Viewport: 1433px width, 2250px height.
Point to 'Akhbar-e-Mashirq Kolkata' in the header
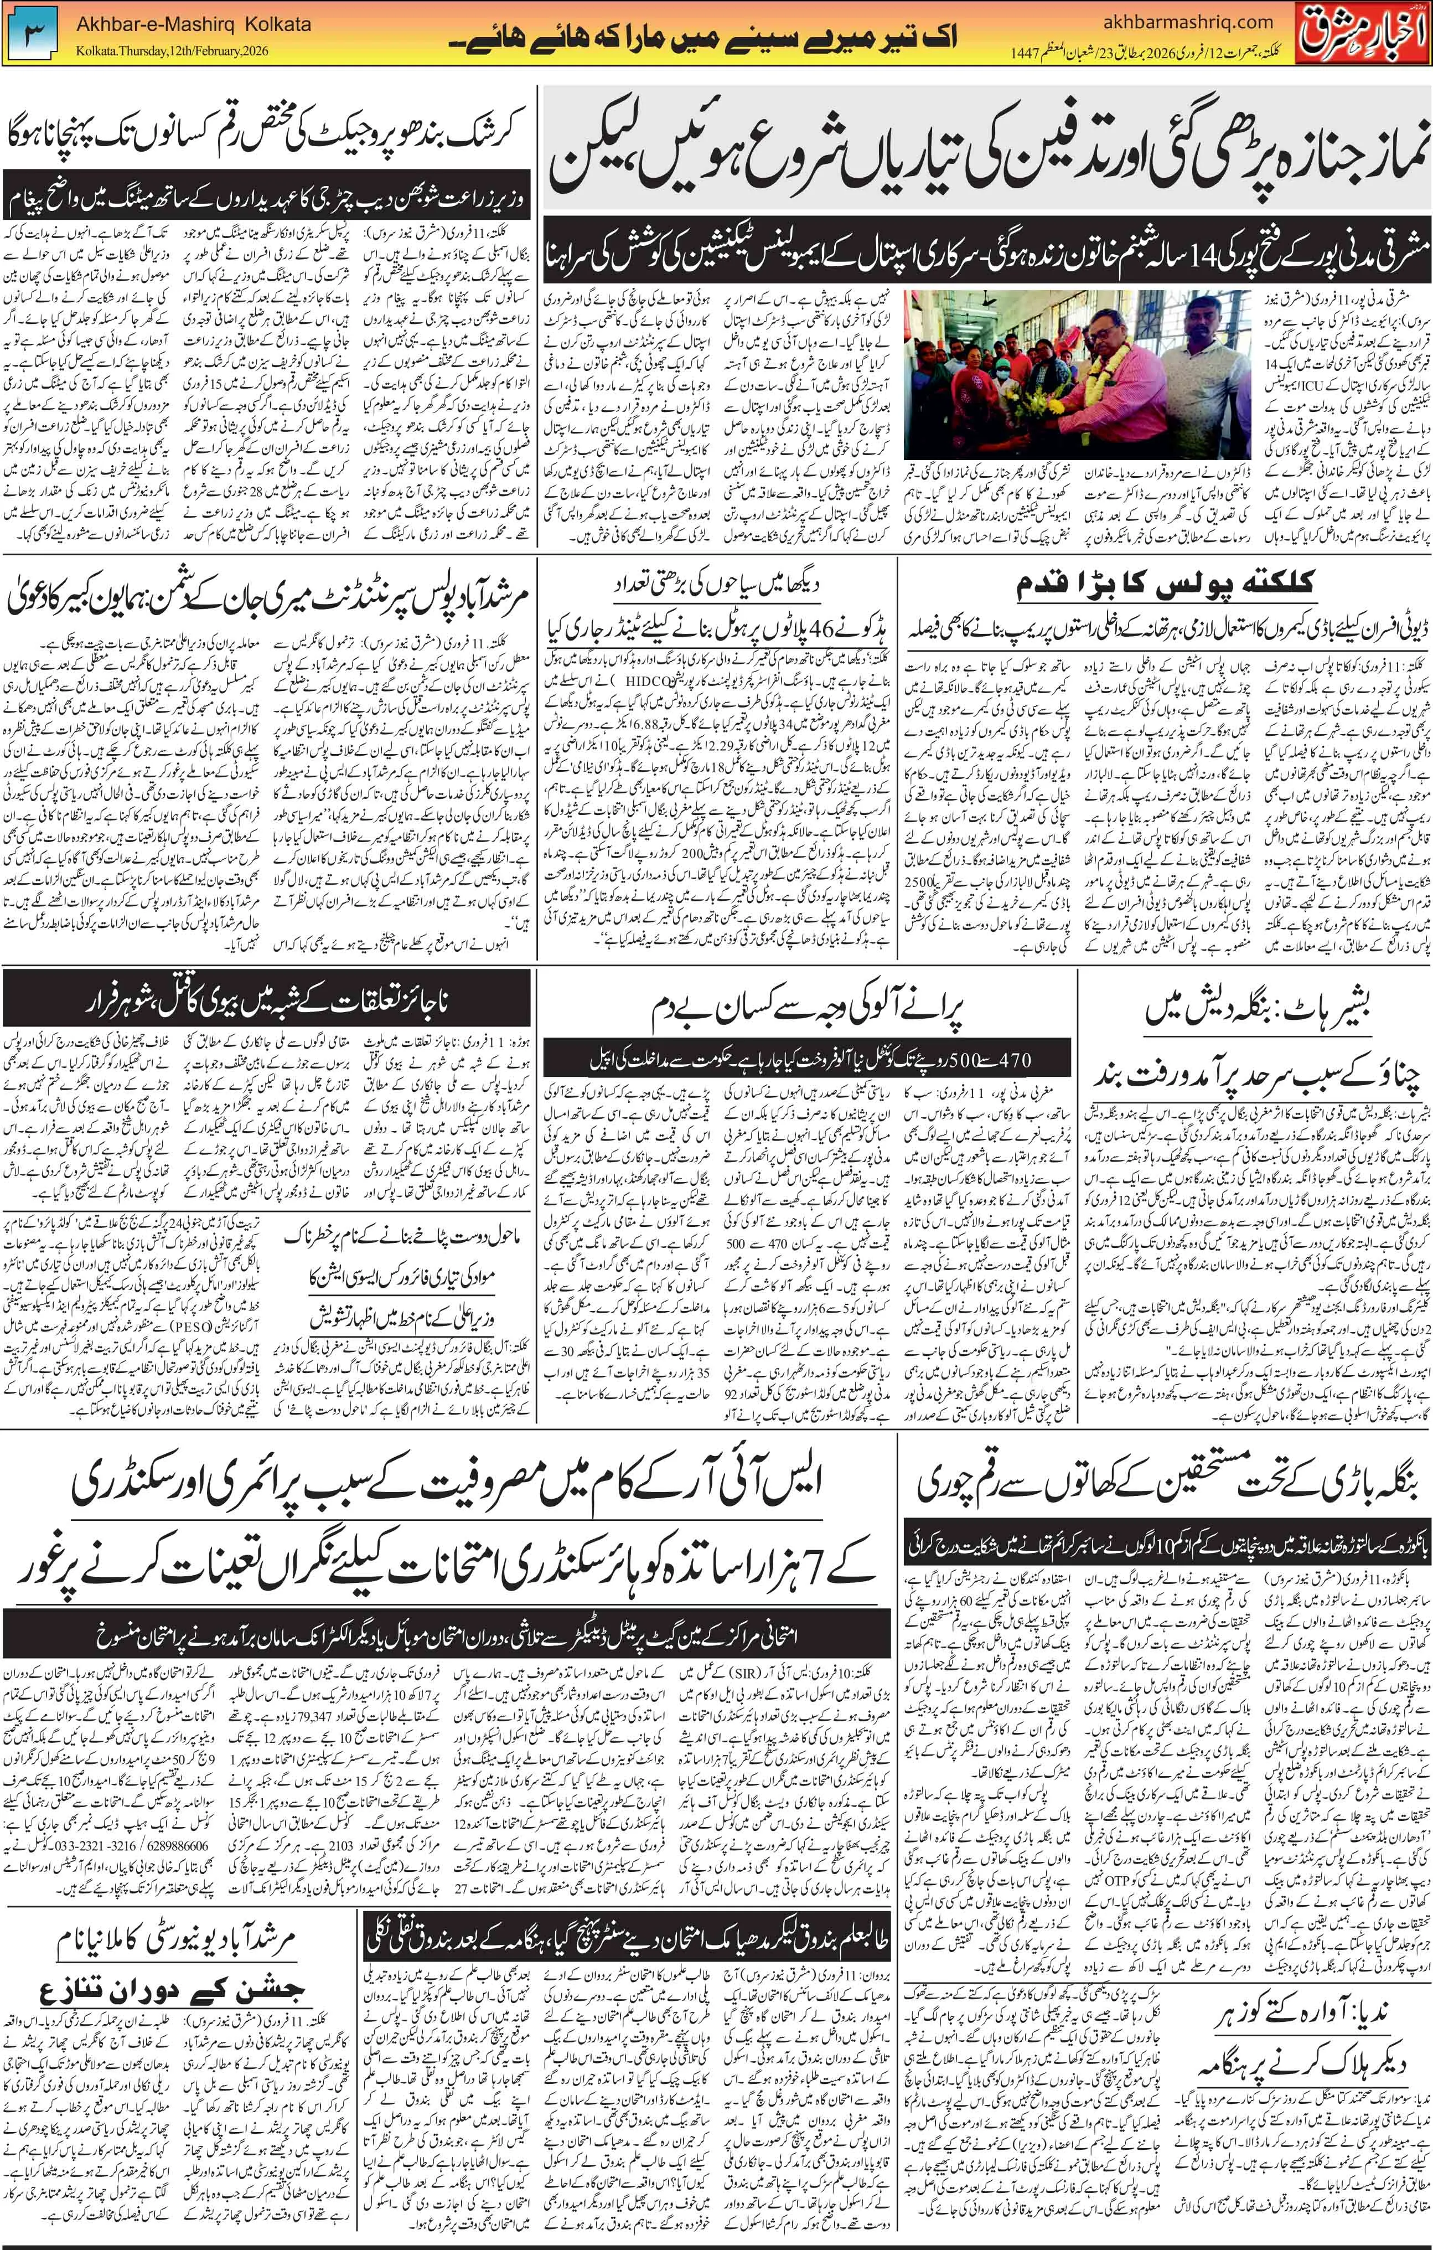click(x=193, y=23)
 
